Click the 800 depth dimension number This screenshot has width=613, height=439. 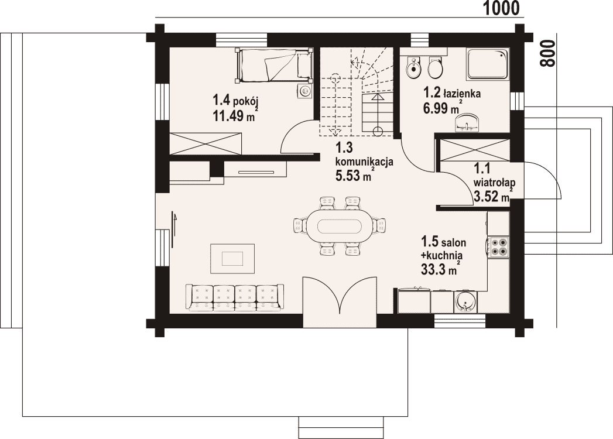pyautogui.click(x=548, y=53)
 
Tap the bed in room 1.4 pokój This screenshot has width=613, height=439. pyautogui.click(x=273, y=66)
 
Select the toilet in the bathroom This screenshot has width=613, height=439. pyautogui.click(x=435, y=68)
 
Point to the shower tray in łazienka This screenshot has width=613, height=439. pyautogui.click(x=488, y=64)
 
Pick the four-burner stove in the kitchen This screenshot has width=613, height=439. pyautogui.click(x=498, y=246)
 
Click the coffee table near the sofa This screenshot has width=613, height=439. pyautogui.click(x=232, y=258)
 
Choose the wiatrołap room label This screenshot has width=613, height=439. pyautogui.click(x=494, y=182)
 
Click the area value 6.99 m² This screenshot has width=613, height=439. pyautogui.click(x=441, y=107)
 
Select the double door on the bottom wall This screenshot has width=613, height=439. pyautogui.click(x=340, y=301)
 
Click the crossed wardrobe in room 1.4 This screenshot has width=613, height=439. pyautogui.click(x=206, y=144)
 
